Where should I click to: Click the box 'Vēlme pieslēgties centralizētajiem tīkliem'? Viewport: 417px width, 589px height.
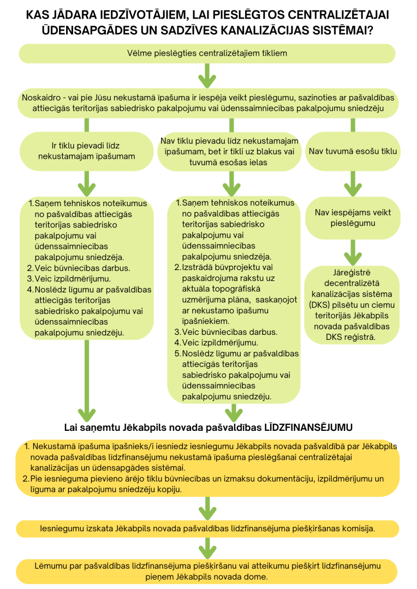click(x=207, y=53)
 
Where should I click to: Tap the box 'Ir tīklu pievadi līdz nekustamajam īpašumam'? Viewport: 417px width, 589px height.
click(x=86, y=151)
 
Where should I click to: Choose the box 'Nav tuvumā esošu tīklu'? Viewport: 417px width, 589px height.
click(x=353, y=151)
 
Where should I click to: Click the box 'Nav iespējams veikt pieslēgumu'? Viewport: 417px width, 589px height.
click(x=353, y=218)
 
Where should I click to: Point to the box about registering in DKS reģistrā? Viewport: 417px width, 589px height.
click(x=353, y=304)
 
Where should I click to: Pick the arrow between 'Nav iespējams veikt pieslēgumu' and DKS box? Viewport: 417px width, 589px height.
click(x=353, y=251)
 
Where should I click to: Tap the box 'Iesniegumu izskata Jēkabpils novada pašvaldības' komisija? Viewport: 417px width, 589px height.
click(x=207, y=528)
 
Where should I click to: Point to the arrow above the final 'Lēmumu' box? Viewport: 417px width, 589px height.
click(x=207, y=547)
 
